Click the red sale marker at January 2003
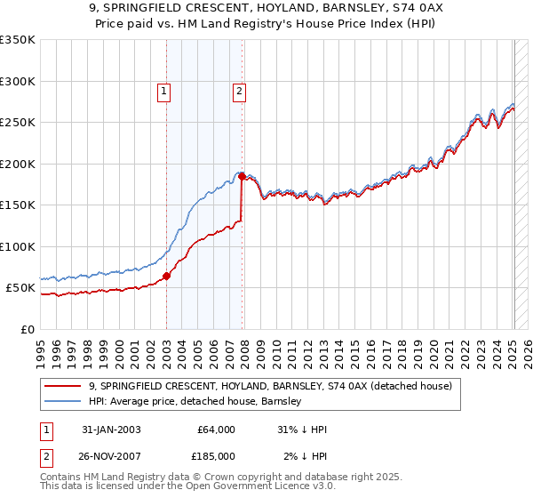tap(166, 277)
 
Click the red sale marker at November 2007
tap(242, 177)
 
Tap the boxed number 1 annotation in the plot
tap(165, 90)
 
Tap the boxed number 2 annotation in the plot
tap(240, 90)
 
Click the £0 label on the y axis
tap(27, 329)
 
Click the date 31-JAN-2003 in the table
tap(111, 430)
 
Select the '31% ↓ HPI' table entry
tap(302, 430)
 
